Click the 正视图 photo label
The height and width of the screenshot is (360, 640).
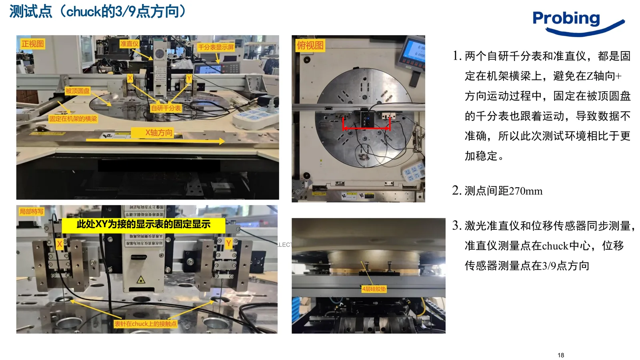point(32,44)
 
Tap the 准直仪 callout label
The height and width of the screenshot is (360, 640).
point(129,44)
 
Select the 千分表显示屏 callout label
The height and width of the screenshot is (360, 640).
point(216,47)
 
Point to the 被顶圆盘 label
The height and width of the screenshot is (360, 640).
point(78,91)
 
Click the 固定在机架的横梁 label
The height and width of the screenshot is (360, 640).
point(73,118)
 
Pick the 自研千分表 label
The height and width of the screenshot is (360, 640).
point(166,108)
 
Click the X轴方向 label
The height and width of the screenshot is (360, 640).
point(159,132)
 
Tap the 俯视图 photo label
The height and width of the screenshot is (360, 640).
point(310,45)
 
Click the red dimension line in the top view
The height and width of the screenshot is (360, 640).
point(366,128)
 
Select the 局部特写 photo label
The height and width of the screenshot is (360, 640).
point(31,211)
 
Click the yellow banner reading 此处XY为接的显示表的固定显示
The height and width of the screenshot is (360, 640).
point(143,224)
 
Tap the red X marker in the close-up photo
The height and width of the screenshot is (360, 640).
point(60,244)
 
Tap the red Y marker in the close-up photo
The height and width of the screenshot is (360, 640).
point(228,243)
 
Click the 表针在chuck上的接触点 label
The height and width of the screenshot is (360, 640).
point(145,324)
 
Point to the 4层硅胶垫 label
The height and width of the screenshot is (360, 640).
point(374,289)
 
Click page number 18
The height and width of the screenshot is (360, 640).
point(561,355)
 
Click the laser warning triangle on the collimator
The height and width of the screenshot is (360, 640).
point(140,280)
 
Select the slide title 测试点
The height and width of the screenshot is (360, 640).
point(31,11)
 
